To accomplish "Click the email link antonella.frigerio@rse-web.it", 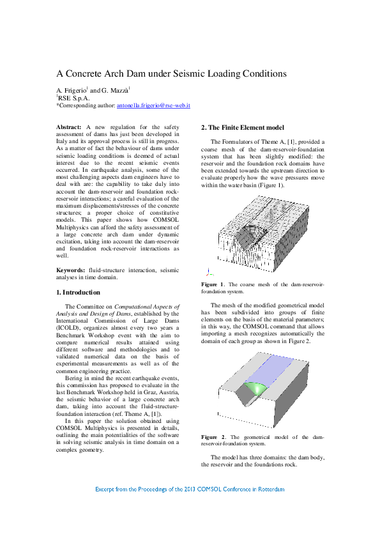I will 153,105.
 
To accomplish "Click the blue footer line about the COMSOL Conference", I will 190,489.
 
